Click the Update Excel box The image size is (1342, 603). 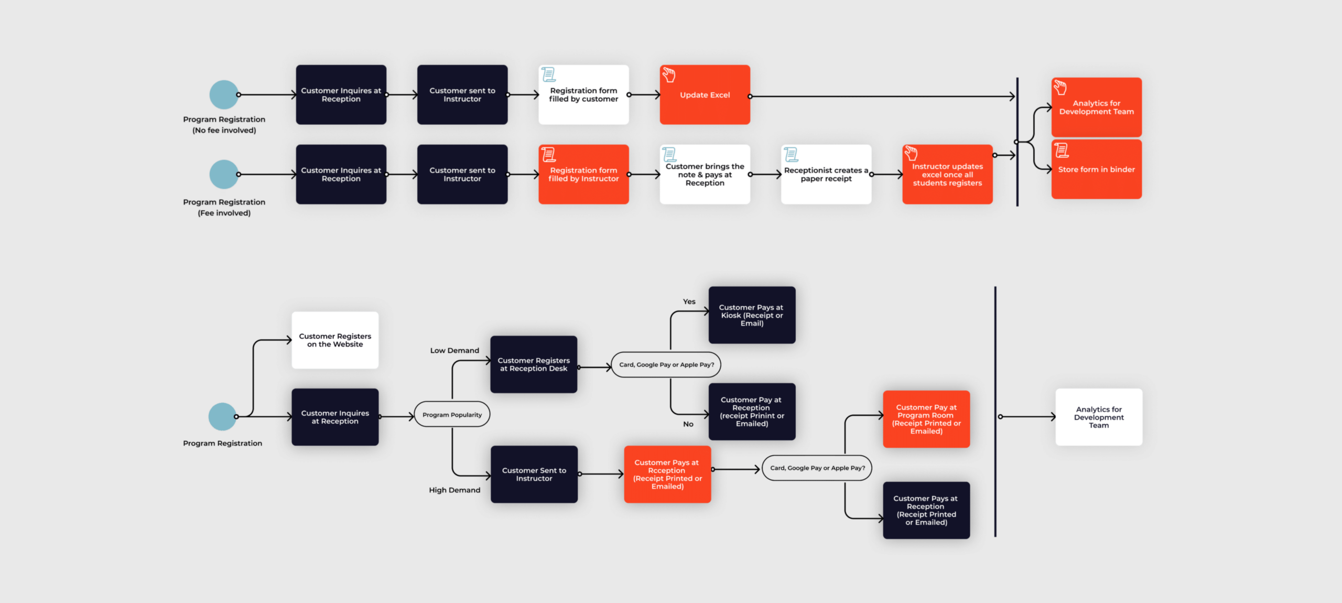(705, 95)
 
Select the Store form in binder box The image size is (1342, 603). (1096, 169)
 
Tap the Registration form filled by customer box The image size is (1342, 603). (583, 95)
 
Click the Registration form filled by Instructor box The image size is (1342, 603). (583, 175)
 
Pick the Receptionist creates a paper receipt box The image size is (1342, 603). (826, 175)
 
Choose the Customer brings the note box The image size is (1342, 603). (705, 175)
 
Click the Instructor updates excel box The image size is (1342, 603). (947, 175)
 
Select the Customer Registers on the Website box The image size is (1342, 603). (335, 340)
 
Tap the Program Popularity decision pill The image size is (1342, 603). (452, 415)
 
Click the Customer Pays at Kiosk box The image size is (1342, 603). (752, 315)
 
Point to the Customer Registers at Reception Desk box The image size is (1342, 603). (534, 364)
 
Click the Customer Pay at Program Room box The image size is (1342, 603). (926, 419)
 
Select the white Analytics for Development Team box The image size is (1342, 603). (1099, 417)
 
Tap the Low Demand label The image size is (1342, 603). (454, 351)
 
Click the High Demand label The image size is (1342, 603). (454, 490)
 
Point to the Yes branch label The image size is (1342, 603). (689, 301)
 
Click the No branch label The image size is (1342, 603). (688, 424)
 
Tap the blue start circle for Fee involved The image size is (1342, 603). (224, 175)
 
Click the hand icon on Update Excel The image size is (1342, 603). (668, 75)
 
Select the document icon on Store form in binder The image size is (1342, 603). (1062, 150)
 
